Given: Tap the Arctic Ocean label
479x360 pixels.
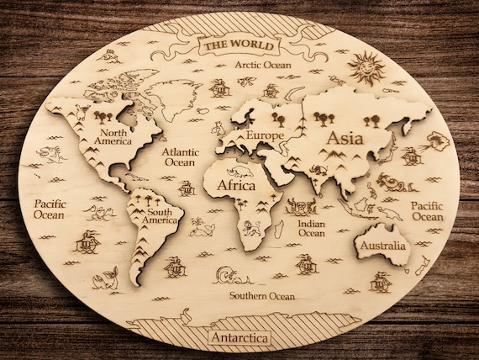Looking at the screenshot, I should [261, 65].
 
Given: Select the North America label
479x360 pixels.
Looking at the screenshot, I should [114, 135].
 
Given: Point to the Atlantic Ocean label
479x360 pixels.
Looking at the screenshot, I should [180, 156].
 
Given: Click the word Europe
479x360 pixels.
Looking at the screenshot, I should [265, 135].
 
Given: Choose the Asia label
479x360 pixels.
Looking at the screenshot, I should [345, 137].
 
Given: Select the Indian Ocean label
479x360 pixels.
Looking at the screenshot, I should [312, 228].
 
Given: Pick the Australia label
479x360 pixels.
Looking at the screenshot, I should [382, 246].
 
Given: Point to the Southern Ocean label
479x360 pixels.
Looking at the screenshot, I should [263, 296].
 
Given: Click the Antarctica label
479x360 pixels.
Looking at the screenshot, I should [240, 338].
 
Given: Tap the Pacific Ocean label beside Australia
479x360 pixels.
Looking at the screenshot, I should [427, 211].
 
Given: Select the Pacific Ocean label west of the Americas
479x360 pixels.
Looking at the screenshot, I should [50, 209].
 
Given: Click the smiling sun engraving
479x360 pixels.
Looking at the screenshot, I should [366, 67].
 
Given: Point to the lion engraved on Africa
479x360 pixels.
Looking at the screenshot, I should [251, 227].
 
